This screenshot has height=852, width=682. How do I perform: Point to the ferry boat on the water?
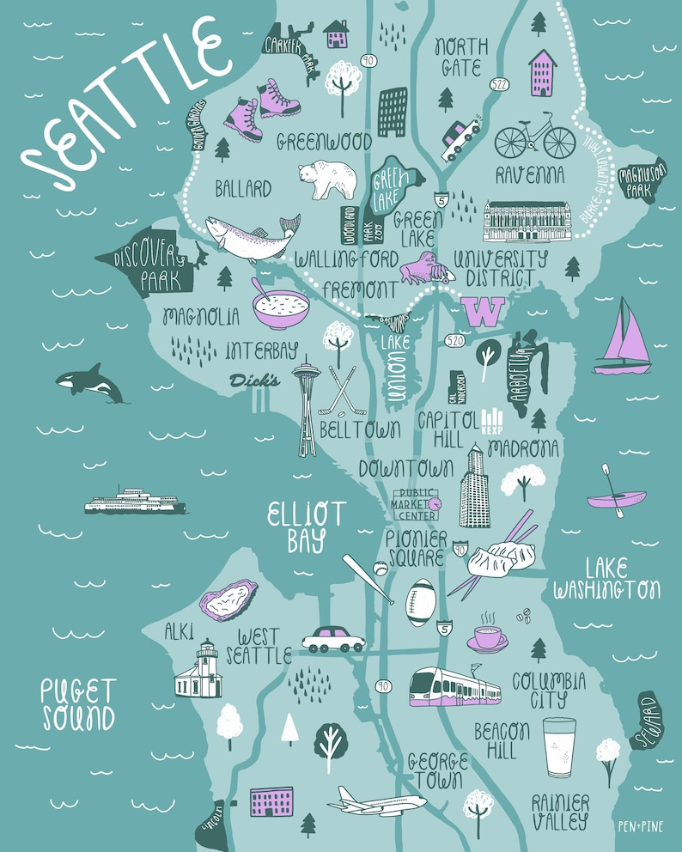[x=135, y=502]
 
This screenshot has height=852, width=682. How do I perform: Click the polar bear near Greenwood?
[x=326, y=180]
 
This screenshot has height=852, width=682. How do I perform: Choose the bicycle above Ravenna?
[x=534, y=137]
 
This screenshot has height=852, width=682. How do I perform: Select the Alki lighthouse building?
[x=198, y=671]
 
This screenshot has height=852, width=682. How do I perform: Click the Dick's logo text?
[x=254, y=380]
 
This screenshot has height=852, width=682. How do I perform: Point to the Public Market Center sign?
[x=416, y=504]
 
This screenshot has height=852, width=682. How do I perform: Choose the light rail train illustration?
[x=454, y=688]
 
